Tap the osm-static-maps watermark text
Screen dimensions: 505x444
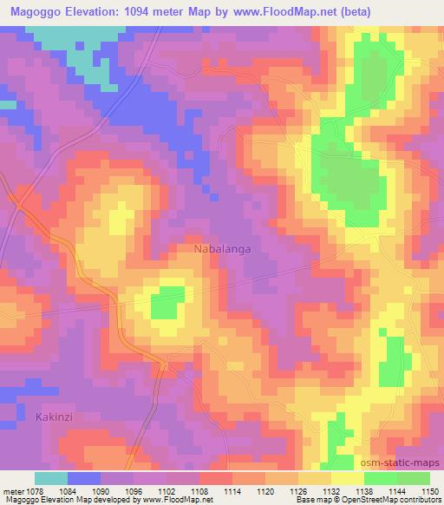[x=403, y=465]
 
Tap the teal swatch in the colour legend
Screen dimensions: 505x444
[x=51, y=478]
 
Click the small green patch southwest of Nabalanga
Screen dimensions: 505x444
[x=168, y=305]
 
